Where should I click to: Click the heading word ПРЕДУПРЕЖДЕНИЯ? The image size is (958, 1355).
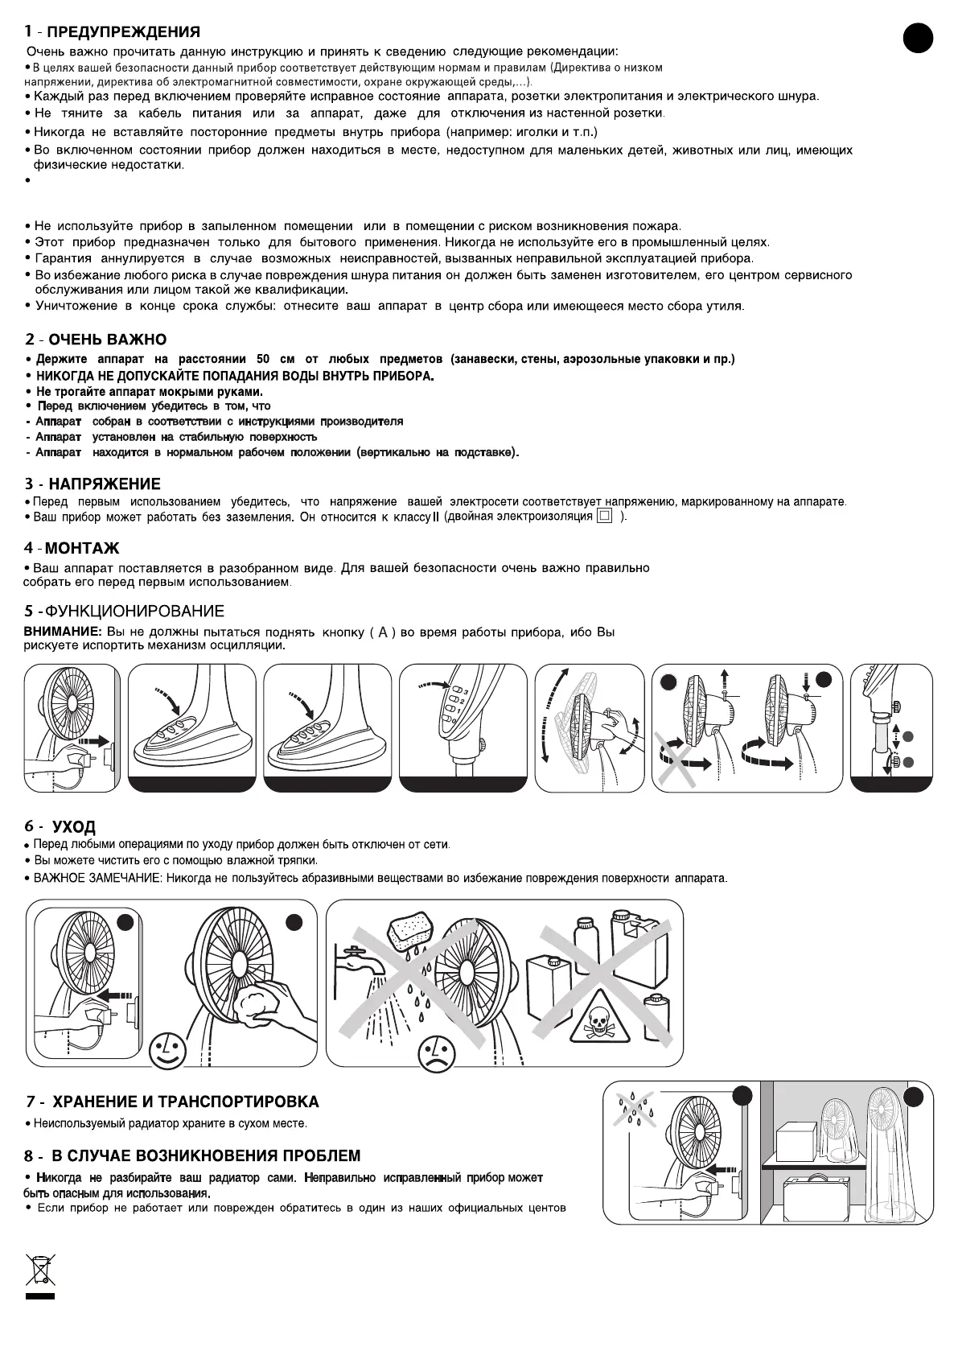[x=123, y=33]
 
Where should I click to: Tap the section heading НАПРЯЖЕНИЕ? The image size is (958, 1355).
[x=105, y=484]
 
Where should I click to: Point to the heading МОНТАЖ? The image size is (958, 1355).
[x=82, y=549]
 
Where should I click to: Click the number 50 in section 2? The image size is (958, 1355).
[x=265, y=359]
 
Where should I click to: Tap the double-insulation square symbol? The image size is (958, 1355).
[x=605, y=517]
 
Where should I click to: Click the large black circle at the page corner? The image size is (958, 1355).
[x=917, y=39]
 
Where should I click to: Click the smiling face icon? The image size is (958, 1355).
[x=167, y=1049]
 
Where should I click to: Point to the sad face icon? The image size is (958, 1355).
[x=434, y=1051]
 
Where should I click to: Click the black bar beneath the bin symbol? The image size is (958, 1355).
[x=39, y=1297]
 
